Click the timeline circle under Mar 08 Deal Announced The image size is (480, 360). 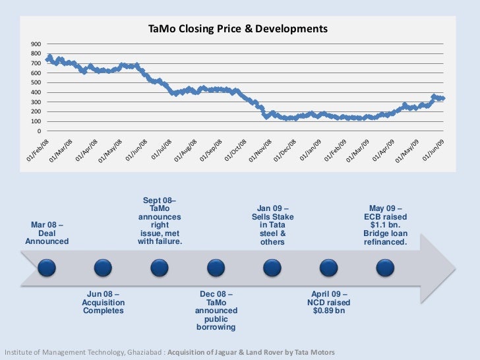(47, 268)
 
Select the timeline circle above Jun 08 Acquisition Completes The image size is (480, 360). (103, 268)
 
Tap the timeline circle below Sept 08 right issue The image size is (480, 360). (159, 268)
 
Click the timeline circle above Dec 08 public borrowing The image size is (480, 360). (216, 268)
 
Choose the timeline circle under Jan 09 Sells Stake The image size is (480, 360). (272, 268)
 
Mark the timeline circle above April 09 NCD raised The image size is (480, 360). (328, 268)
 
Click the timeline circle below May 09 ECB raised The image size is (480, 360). (384, 268)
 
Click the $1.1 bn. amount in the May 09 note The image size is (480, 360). (386, 225)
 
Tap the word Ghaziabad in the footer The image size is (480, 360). (138, 351)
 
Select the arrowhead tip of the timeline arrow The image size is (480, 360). (454, 268)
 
